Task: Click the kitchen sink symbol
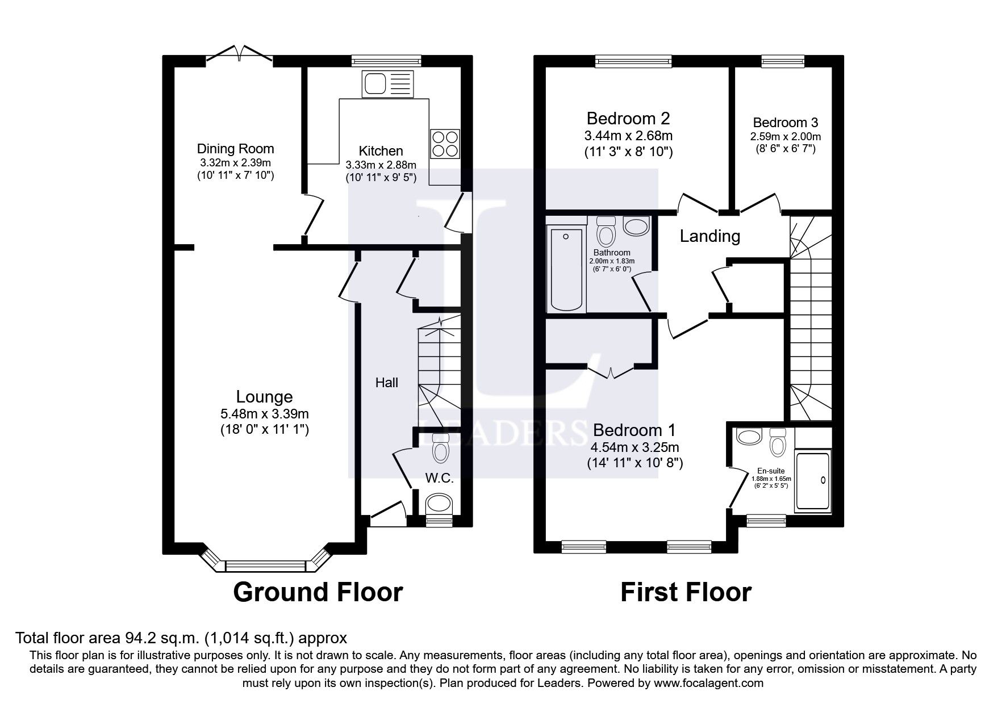(x=387, y=83)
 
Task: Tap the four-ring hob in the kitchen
(x=445, y=144)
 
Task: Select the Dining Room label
(x=235, y=149)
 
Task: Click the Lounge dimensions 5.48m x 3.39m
(x=265, y=414)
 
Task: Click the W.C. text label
(x=440, y=479)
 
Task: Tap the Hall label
(x=386, y=383)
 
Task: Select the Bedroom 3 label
(x=785, y=123)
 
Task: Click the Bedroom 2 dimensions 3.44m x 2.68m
(x=628, y=136)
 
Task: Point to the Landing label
(x=709, y=236)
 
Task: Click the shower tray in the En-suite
(x=813, y=480)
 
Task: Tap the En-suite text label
(x=771, y=471)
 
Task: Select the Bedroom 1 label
(x=635, y=430)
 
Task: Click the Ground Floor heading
(x=318, y=592)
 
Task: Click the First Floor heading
(x=686, y=592)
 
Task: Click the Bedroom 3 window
(x=783, y=61)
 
